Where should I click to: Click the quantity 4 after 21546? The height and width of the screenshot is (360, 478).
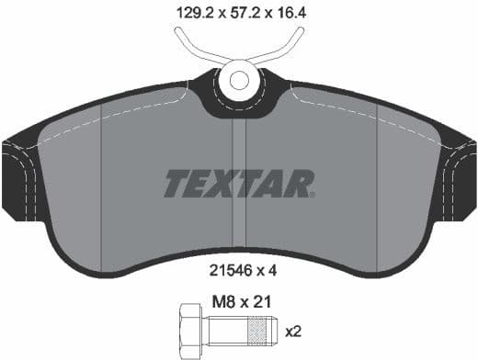pyautogui.click(x=272, y=271)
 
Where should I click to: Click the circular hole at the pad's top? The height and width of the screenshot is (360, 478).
pyautogui.click(x=238, y=79)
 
